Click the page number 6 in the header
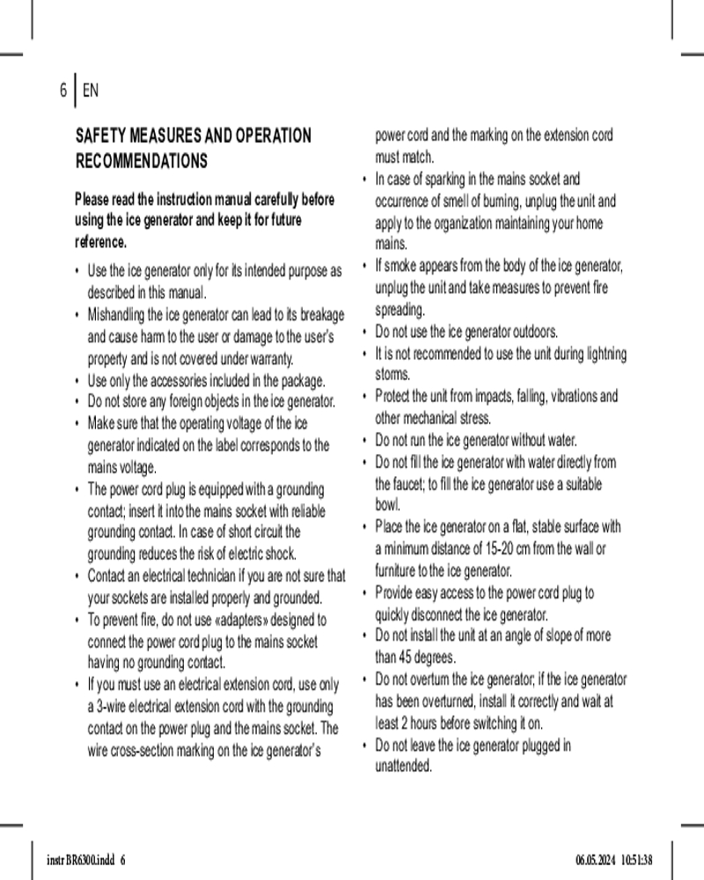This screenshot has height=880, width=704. coord(62,90)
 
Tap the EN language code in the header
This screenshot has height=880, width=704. coord(91,90)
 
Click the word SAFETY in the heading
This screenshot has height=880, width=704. coord(101,136)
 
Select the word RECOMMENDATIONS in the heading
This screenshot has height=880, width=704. coord(142,162)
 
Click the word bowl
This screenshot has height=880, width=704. coord(388,505)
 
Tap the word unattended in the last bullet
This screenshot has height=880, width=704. coord(404,766)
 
